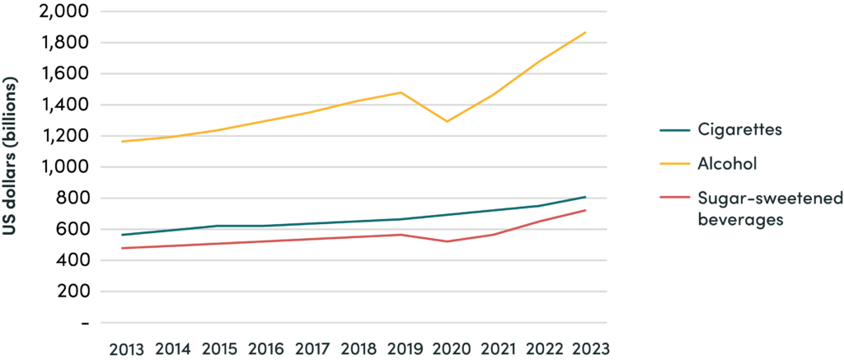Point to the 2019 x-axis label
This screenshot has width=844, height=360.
pos(402,348)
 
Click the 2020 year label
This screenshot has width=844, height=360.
pos(448,348)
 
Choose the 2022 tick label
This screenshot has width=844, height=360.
pos(540,348)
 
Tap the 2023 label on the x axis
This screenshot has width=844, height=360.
pos(586,348)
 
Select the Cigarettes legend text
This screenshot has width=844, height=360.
pos(739,131)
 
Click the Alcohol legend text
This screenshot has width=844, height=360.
pos(727,164)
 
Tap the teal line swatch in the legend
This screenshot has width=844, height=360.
pos(675,131)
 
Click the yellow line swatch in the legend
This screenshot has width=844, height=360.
pos(675,164)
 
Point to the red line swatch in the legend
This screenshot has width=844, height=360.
pos(675,198)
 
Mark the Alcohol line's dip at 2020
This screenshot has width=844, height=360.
pos(447,122)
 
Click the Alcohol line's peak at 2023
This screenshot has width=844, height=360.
pos(585,32)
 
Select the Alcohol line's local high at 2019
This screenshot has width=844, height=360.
pos(401,92)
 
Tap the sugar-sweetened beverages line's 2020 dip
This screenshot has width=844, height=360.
pos(448,241)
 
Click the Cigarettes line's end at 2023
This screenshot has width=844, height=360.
pos(585,197)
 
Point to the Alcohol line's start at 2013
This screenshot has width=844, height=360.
pos(122,142)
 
